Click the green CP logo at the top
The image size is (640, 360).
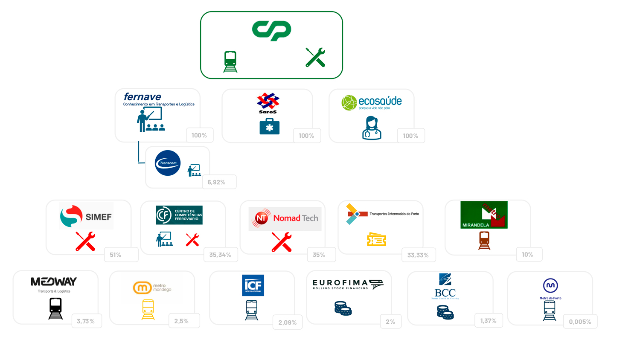click(272, 31)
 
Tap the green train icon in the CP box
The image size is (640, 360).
click(230, 61)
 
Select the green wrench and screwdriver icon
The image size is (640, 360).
click(315, 58)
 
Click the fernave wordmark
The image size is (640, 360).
click(142, 97)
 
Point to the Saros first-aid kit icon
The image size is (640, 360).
click(269, 126)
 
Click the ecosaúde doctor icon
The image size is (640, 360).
click(371, 128)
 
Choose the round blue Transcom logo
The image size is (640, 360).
click(168, 163)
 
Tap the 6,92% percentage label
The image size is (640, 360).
click(216, 182)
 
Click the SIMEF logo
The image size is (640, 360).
click(86, 216)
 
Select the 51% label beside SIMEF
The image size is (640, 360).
click(116, 255)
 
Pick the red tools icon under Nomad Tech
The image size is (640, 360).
click(282, 242)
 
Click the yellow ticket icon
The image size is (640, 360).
click(376, 240)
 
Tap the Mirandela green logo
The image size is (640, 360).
click(484, 215)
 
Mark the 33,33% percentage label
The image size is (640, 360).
click(418, 255)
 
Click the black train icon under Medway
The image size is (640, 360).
click(55, 308)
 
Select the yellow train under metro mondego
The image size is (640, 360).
click(148, 309)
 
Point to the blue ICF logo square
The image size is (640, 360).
click(253, 285)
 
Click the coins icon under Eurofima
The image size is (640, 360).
click(343, 308)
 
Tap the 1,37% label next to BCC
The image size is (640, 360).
click(488, 321)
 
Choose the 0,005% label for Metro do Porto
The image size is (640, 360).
click(580, 322)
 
